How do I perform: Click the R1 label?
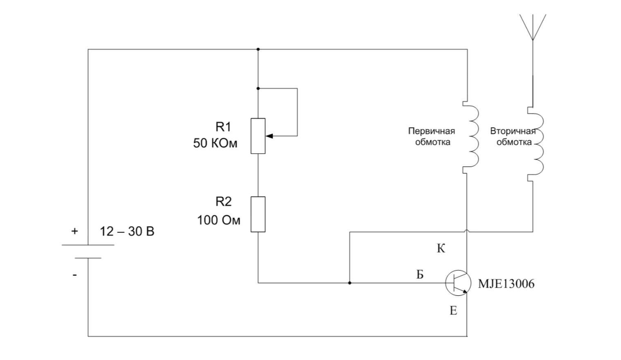tap(223, 127)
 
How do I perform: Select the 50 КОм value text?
tap(216, 143)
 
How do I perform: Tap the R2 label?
tap(223, 202)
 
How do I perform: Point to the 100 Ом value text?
tap(219, 220)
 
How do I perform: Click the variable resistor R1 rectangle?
tap(258, 136)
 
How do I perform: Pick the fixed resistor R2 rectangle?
tap(258, 214)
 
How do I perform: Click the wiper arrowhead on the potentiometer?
tap(269, 136)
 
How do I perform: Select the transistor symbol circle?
tap(458, 270)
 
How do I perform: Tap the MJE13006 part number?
tap(506, 284)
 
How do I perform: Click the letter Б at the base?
tap(420, 274)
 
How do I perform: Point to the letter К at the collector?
tap(441, 249)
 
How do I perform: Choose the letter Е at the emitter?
tap(453, 311)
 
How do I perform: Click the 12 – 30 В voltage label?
tap(127, 232)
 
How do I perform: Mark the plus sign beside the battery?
tap(74, 231)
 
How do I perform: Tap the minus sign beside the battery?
tap(74, 275)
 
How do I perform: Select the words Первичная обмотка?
tap(432, 136)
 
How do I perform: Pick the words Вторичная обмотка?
tap(513, 136)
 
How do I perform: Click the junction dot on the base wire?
tap(350, 283)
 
